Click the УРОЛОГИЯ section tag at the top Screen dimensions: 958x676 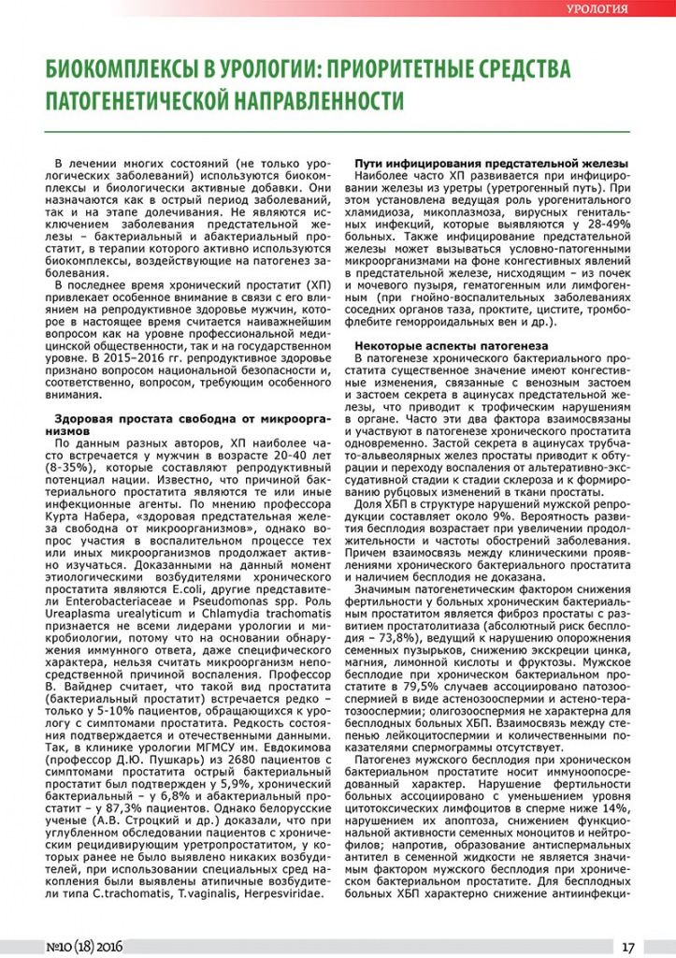(x=597, y=9)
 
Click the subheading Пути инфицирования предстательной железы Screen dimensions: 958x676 (x=490, y=164)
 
